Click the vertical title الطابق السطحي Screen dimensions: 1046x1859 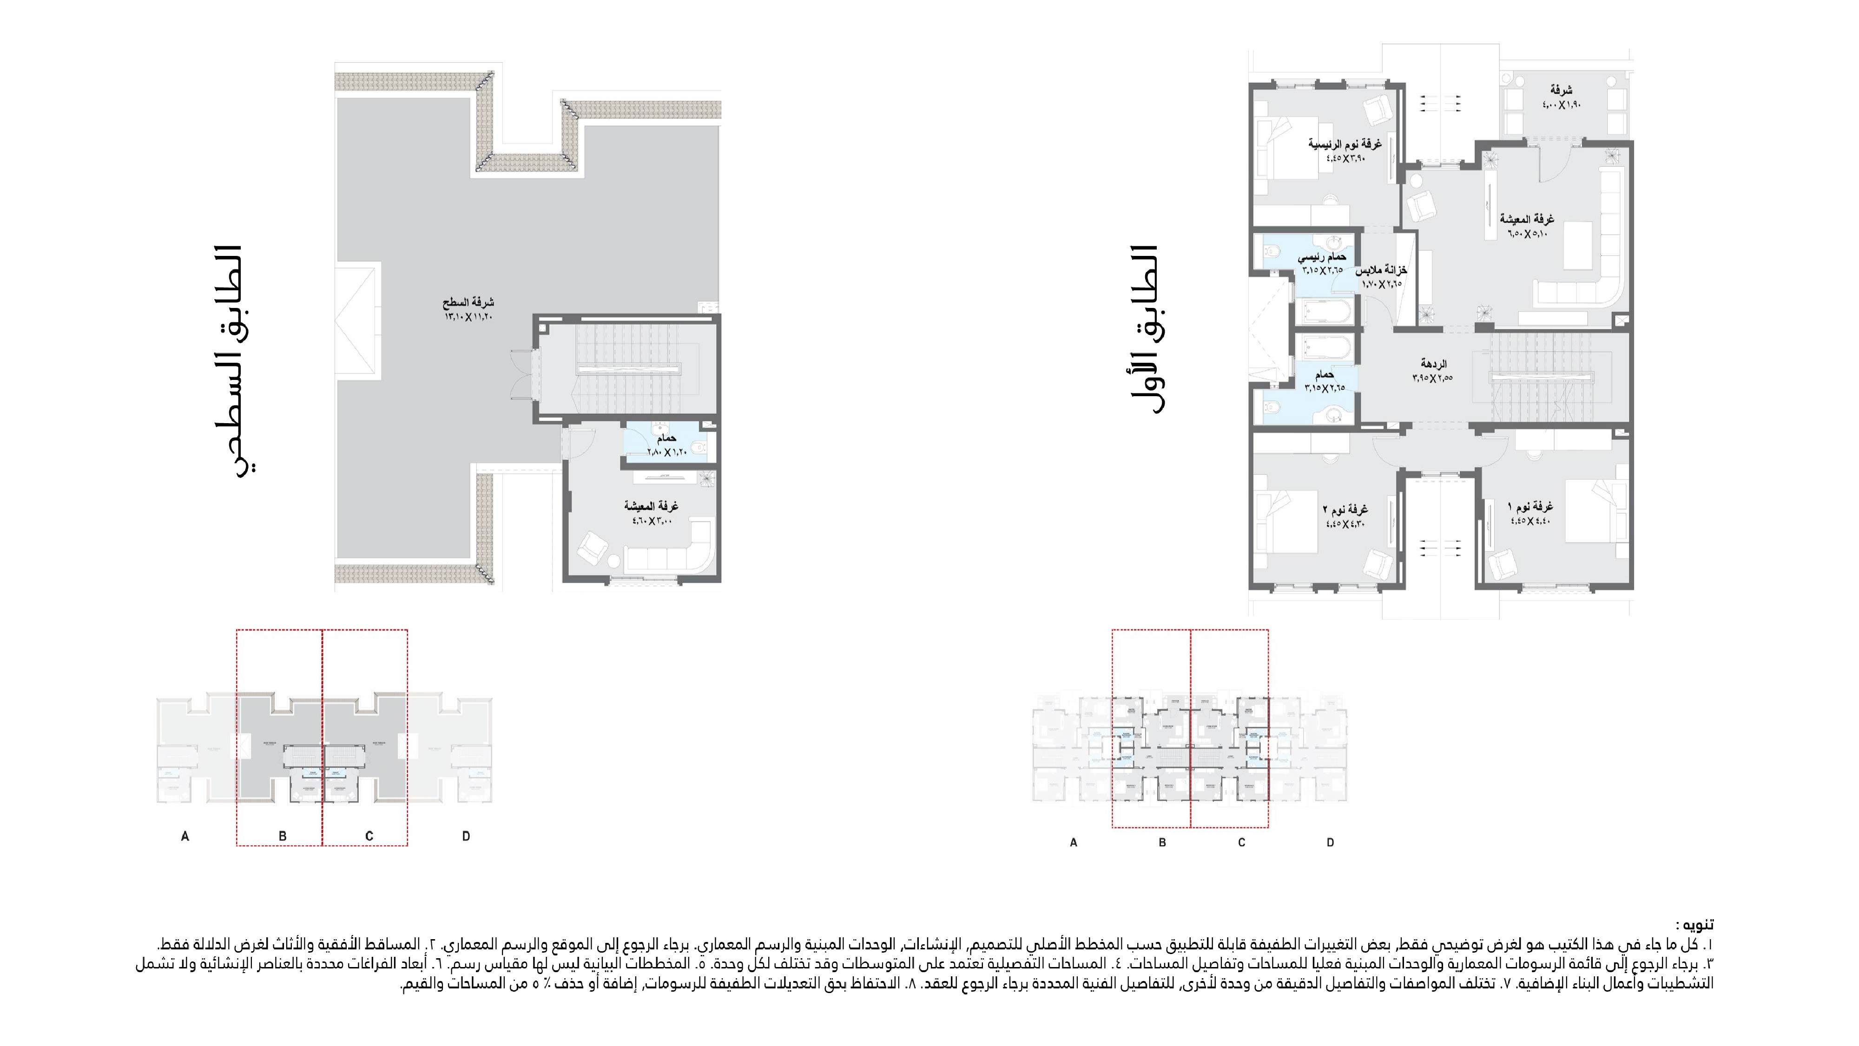coord(238,361)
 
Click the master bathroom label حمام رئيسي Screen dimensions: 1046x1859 coord(1322,257)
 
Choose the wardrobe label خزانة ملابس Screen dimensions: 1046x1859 coord(1381,270)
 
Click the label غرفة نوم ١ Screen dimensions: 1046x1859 coord(1530,507)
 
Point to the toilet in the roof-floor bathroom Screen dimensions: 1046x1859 coord(699,448)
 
